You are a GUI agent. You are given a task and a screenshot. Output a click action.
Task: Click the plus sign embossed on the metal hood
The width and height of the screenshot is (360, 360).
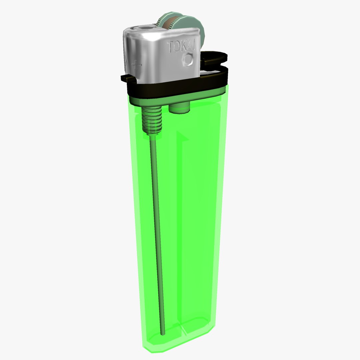pos(136,64)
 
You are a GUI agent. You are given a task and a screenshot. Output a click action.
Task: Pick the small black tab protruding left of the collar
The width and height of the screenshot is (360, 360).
pos(125,77)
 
